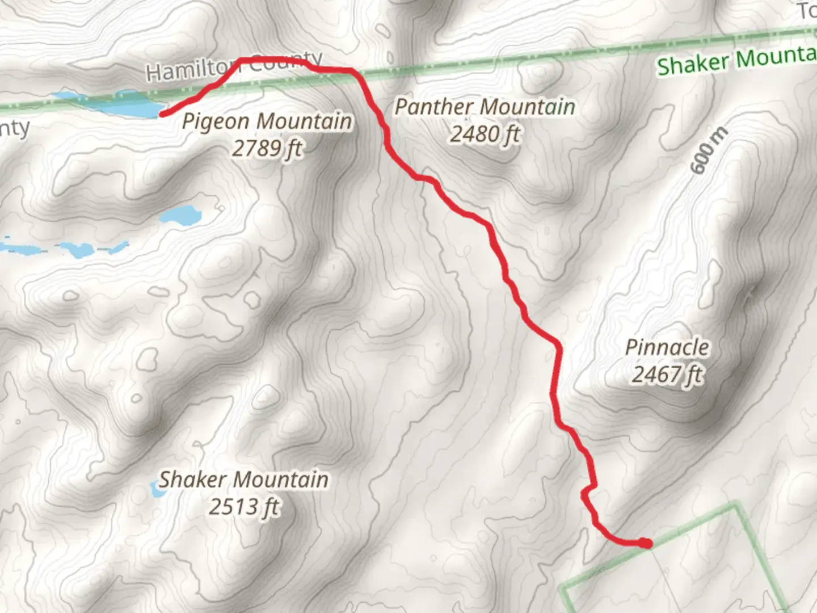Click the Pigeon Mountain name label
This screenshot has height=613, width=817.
(267, 121)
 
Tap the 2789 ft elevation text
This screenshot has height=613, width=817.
(267, 149)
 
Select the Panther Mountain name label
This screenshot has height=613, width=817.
(485, 107)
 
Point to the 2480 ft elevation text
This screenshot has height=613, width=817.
(485, 135)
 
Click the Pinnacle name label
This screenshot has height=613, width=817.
(667, 347)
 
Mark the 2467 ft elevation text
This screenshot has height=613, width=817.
(667, 375)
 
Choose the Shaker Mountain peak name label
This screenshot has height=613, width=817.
(243, 480)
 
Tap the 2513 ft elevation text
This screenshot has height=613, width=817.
(243, 506)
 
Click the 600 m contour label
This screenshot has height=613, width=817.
(709, 151)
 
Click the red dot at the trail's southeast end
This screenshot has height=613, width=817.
(645, 543)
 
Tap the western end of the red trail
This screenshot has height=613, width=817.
(163, 114)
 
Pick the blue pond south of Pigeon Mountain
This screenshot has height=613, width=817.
(180, 216)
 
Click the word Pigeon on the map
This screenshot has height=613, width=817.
(216, 122)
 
